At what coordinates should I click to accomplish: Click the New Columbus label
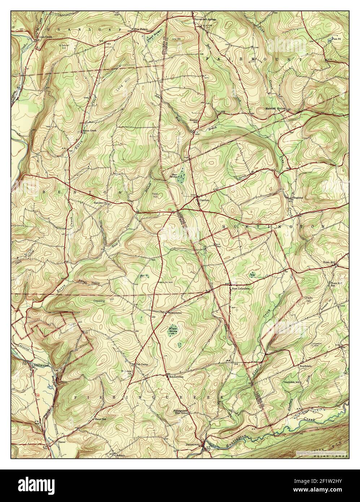click(x=240, y=289)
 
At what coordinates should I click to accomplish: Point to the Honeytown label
click(x=175, y=313)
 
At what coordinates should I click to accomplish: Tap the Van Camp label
click(x=142, y=364)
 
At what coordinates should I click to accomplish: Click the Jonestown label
click(x=192, y=444)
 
